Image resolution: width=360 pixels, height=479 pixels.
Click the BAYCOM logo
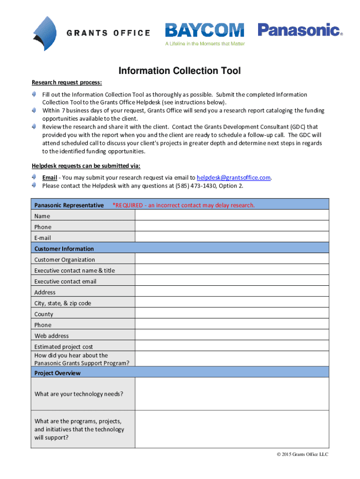coord(204,30)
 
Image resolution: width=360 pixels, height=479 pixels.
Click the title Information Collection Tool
coord(180,71)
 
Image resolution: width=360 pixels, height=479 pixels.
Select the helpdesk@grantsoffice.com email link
coord(234,178)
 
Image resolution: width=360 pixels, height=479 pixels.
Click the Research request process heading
coord(66,83)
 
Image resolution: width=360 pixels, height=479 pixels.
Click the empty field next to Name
coord(232,216)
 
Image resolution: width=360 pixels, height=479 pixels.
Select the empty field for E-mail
coord(232,238)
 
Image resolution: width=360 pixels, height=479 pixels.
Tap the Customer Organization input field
coord(232,259)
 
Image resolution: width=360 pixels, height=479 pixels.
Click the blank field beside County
coord(232,314)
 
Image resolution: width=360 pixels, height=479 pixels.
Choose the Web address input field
coord(232,335)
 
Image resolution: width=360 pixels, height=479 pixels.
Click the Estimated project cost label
coord(64,347)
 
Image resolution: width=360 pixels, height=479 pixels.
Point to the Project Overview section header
coord(58,373)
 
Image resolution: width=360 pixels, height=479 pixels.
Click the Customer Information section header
coord(64,248)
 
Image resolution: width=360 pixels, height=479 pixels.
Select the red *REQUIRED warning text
coord(184,205)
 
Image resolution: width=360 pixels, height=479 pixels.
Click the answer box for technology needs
coord(232,394)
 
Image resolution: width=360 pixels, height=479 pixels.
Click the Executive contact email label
coord(65,281)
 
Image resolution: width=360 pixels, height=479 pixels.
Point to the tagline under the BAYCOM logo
coord(204,44)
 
